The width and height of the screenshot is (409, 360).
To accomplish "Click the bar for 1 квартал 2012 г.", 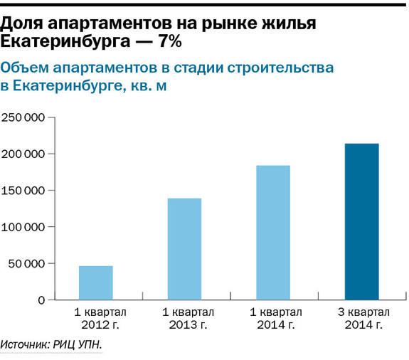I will point(95,282).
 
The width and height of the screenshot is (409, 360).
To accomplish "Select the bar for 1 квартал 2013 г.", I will point(184,249).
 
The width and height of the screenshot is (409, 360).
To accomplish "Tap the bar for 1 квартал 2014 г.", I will point(273,233).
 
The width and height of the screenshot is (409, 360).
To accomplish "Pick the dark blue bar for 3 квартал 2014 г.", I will point(362,222).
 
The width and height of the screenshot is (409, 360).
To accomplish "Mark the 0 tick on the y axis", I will point(41,300).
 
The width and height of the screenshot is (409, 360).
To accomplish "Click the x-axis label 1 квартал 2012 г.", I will point(96,319).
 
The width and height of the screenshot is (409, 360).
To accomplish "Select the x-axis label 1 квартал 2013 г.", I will point(185,319).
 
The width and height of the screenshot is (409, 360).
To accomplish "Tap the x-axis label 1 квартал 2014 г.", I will point(274,319).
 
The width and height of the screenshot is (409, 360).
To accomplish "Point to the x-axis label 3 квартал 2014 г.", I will point(362,319).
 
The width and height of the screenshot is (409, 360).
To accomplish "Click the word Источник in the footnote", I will point(26,345).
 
